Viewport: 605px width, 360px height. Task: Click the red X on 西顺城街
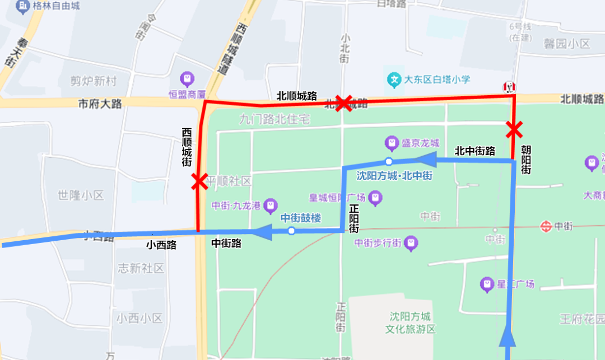198,181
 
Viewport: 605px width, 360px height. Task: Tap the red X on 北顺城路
344,103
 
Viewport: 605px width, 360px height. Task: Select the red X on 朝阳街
513,130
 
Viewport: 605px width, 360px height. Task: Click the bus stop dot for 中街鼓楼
291,231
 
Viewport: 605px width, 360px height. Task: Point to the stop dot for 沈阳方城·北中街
389,162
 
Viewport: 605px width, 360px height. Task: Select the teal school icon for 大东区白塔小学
395,79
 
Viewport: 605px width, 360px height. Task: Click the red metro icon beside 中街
546,226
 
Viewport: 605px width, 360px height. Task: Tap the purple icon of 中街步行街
412,243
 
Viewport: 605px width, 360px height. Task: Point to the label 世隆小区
81,195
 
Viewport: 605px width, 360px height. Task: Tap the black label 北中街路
474,151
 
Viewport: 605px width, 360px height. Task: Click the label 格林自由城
56,7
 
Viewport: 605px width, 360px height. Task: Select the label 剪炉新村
94,81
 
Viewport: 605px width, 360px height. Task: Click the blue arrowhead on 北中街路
427,161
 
